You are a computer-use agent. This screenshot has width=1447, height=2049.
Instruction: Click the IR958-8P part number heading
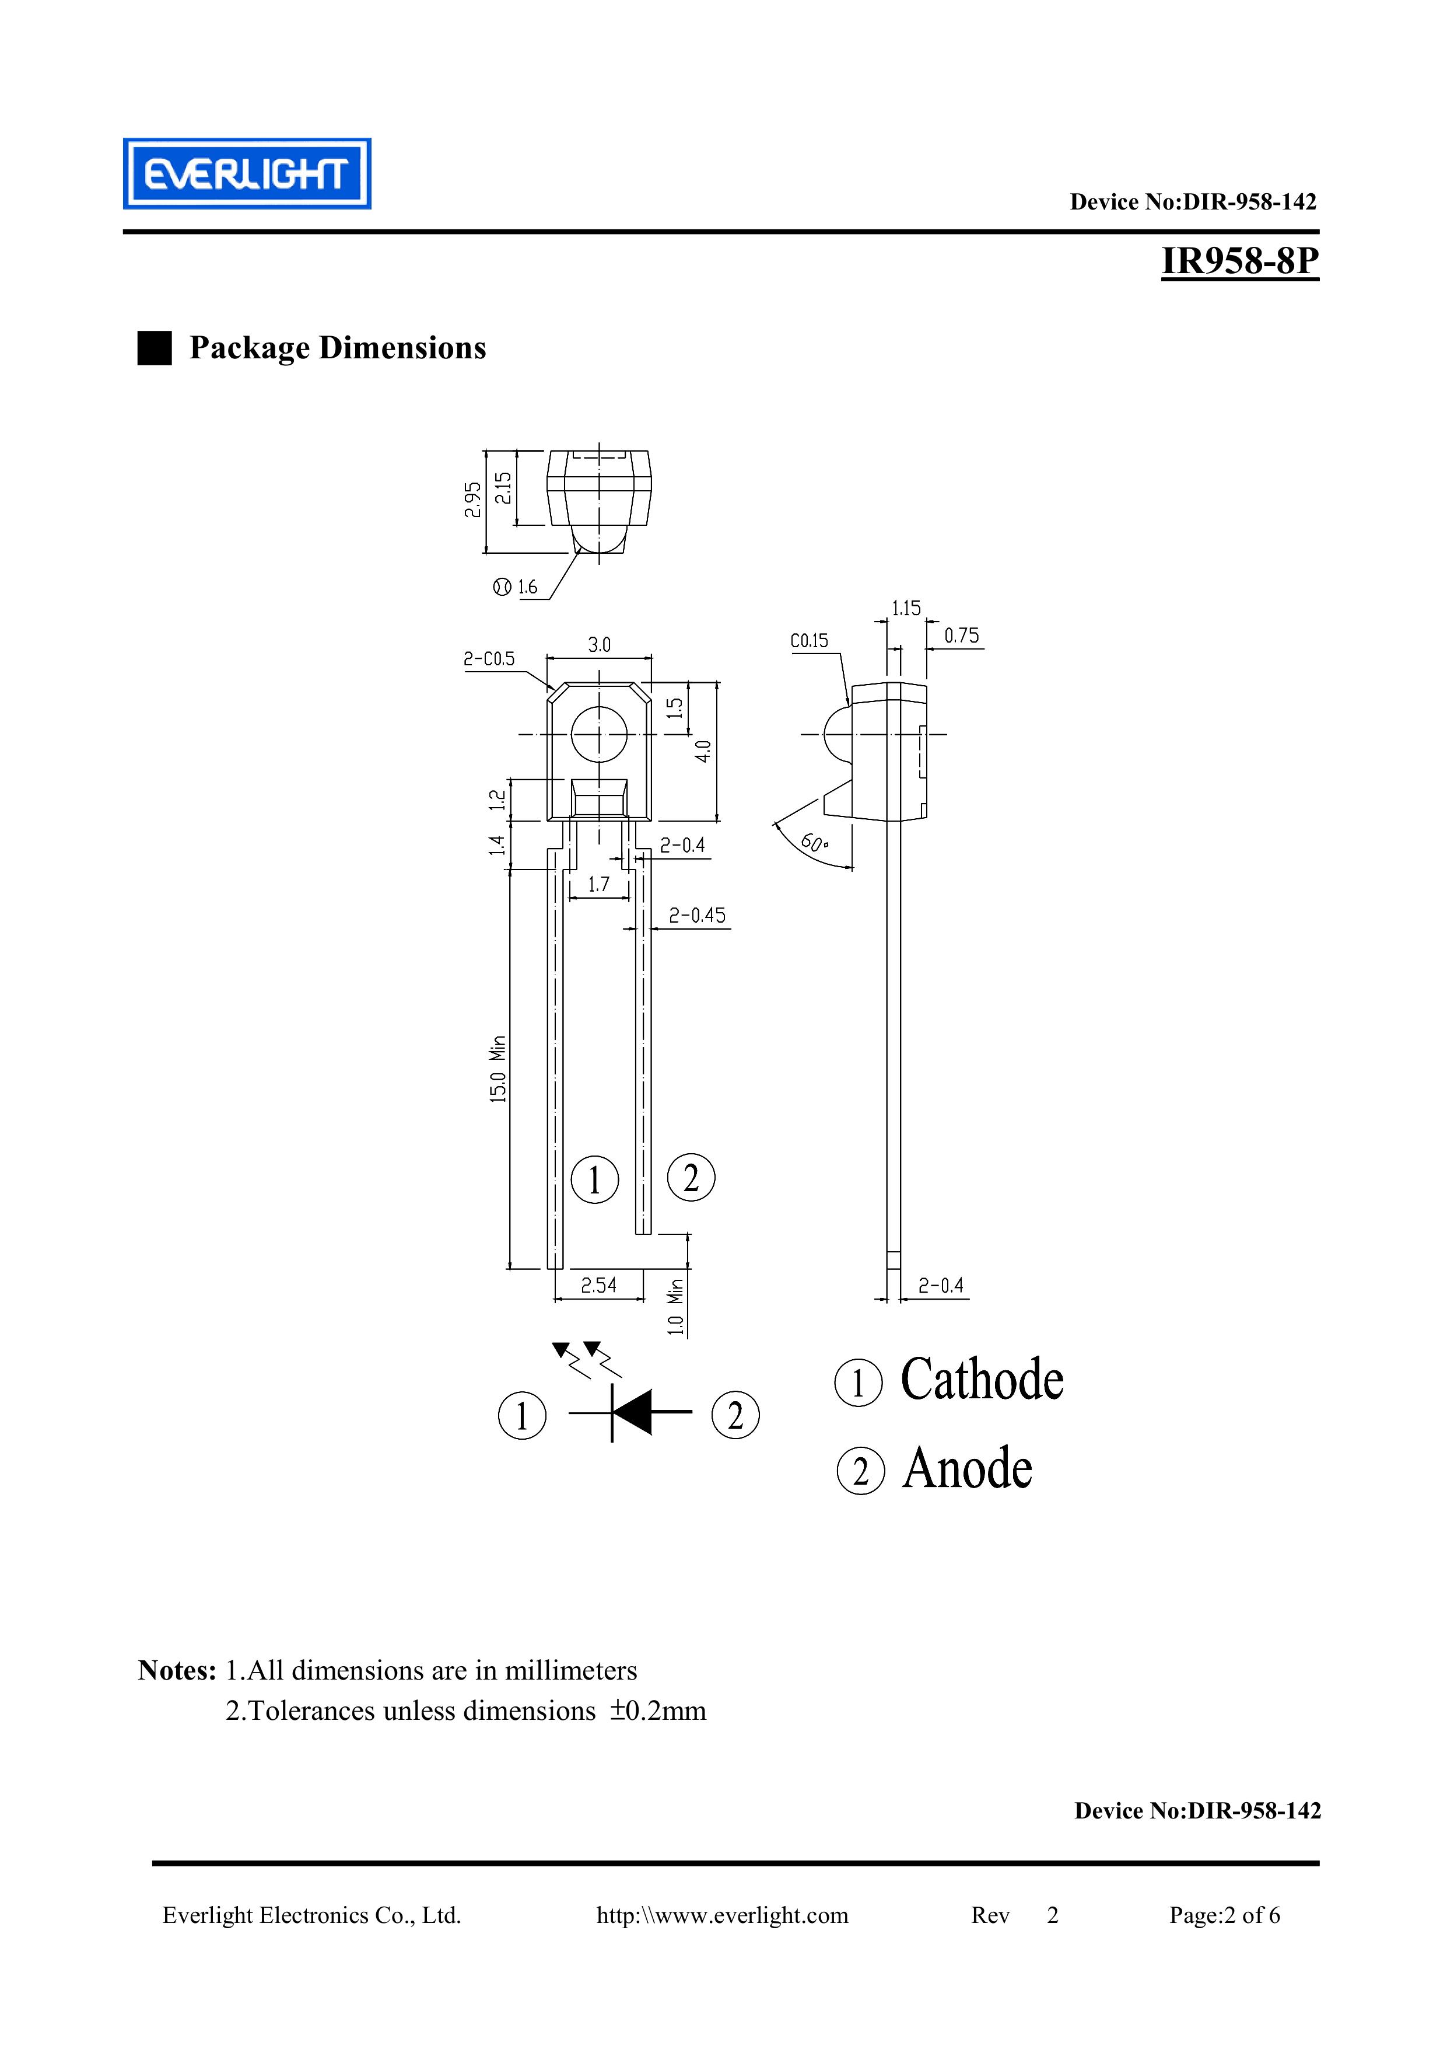(x=1239, y=261)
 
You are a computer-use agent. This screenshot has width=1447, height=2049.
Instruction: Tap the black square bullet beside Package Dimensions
(x=155, y=348)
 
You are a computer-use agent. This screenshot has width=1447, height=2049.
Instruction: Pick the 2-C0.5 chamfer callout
(x=489, y=659)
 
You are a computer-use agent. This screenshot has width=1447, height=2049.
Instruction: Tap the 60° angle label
(x=812, y=842)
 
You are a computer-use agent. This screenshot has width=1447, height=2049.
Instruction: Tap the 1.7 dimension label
(x=598, y=884)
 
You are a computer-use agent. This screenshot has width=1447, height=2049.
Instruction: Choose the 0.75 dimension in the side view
(x=962, y=636)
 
